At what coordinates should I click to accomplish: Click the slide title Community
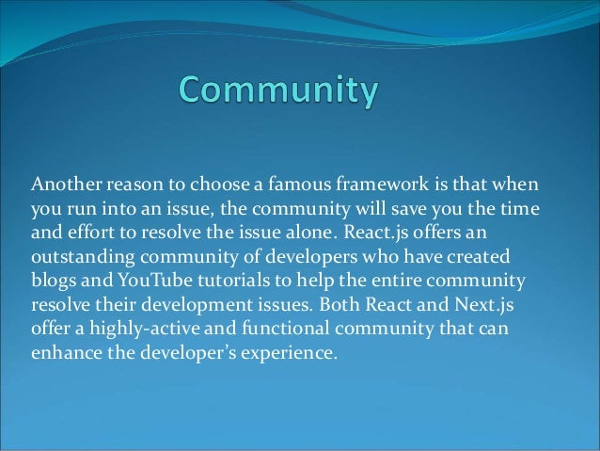279,92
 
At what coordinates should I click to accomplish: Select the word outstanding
80,256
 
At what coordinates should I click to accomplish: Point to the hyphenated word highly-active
136,330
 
